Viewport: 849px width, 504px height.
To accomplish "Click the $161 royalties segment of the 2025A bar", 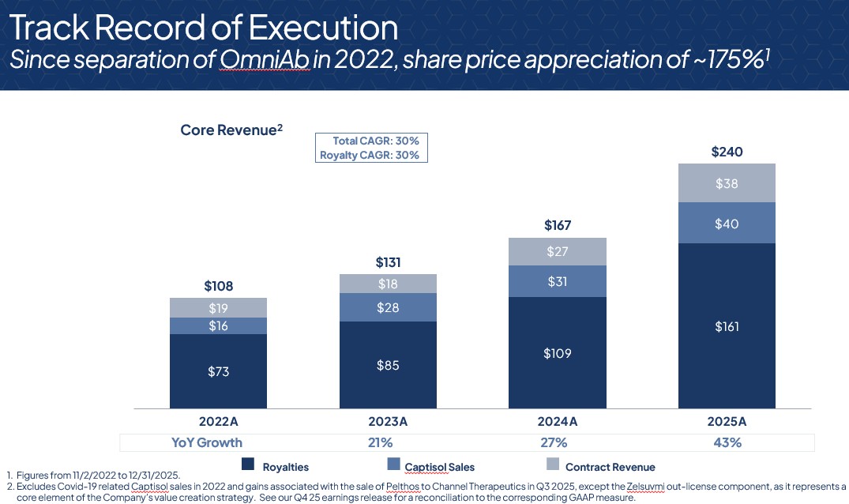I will point(727,326).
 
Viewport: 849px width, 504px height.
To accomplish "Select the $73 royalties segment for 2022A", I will point(218,370).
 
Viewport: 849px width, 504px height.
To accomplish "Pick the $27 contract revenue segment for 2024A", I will point(557,251).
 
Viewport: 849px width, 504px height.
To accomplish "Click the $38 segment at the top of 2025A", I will point(727,183).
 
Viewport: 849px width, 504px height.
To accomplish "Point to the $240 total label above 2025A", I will point(727,152).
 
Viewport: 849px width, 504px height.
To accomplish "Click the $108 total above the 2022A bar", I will point(218,286).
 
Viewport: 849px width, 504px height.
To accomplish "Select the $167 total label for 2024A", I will point(557,226).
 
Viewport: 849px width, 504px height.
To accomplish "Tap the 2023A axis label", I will point(388,422).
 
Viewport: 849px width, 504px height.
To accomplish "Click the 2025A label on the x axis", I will point(727,422).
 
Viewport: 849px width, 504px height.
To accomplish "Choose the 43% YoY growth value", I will point(727,442).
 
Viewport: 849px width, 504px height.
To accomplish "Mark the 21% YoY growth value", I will point(388,442).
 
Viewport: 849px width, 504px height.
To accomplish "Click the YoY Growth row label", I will point(207,442).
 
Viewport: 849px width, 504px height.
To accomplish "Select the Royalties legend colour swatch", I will point(247,465).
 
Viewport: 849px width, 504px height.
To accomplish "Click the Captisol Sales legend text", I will point(439,467).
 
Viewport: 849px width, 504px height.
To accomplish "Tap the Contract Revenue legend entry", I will point(610,467).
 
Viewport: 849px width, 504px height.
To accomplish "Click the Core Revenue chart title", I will point(231,130).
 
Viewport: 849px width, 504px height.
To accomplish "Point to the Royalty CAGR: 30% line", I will point(369,155).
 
